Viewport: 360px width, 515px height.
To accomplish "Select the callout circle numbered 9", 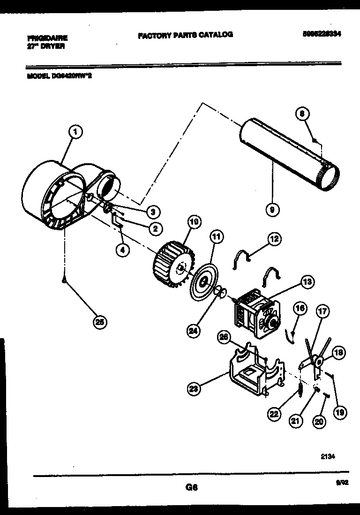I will click(270, 210).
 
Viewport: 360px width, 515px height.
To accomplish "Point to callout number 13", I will click(307, 282).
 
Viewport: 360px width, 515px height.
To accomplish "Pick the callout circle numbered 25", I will click(99, 322).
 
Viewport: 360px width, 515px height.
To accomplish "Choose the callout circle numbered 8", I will click(303, 114).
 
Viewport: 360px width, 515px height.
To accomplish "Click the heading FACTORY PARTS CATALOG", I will click(185, 34).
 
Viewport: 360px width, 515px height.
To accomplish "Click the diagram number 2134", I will click(328, 455).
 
